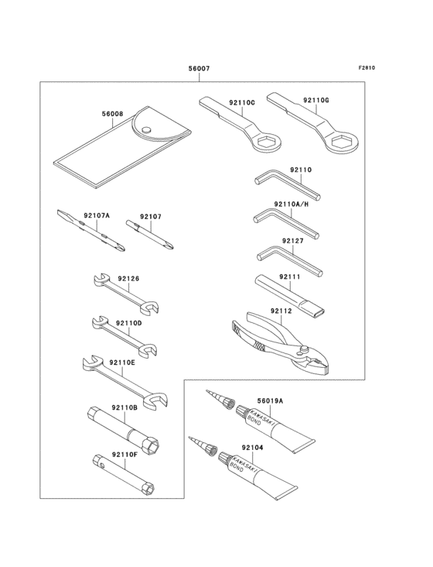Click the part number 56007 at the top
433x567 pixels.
pos(199,69)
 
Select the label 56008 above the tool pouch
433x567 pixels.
pos(112,114)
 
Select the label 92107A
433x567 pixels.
pos(97,216)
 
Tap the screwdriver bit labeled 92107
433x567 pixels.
pos(154,237)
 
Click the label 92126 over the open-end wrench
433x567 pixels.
pos(128,278)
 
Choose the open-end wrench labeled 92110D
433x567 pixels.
pos(124,334)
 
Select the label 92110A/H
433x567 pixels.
pos(292,204)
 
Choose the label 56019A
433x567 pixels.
pos(270,401)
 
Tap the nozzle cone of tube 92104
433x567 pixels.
pos(202,448)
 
